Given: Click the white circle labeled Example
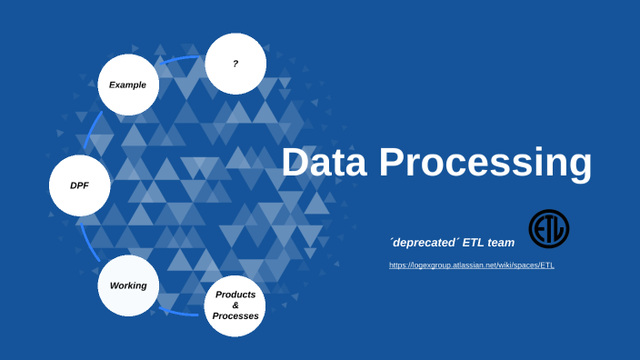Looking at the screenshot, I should pyautogui.click(x=128, y=85).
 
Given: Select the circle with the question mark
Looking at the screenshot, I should pyautogui.click(x=235, y=64).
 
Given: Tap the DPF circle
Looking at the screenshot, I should pyautogui.click(x=80, y=185).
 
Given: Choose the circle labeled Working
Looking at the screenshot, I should pyautogui.click(x=128, y=285).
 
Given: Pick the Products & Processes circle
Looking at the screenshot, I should pyautogui.click(x=235, y=305).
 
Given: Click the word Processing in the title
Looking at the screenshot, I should pyautogui.click(x=485, y=164).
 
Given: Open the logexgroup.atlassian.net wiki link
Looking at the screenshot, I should pyautogui.click(x=471, y=265).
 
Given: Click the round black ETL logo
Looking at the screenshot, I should pyautogui.click(x=549, y=229).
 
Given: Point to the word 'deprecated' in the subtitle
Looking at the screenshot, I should pyautogui.click(x=422, y=242).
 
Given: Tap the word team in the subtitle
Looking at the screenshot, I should pyautogui.click(x=498, y=242).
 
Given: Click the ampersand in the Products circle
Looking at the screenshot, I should pyautogui.click(x=235, y=305).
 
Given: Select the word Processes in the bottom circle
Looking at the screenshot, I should pyautogui.click(x=235, y=316).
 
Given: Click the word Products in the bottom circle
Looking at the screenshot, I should pyautogui.click(x=235, y=295).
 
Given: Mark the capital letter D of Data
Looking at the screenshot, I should pyautogui.click(x=297, y=163).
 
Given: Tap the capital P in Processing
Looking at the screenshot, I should pyautogui.click(x=394, y=163).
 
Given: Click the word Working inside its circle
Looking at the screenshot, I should pyautogui.click(x=128, y=285).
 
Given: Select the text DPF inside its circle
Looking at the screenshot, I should pyautogui.click(x=80, y=185).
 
